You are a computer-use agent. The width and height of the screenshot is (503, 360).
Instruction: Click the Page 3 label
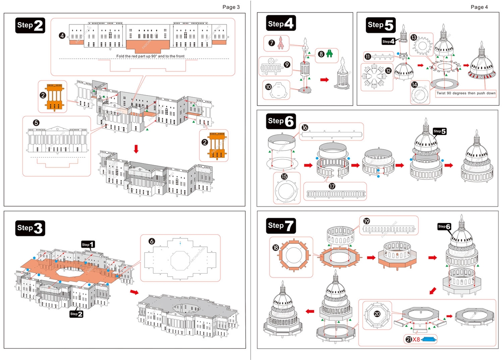click(x=231, y=7)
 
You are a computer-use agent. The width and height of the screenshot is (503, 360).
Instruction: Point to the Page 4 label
click(x=479, y=7)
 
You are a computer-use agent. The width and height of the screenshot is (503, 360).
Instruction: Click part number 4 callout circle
click(x=62, y=35)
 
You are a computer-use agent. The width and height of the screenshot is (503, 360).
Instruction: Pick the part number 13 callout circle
click(x=413, y=37)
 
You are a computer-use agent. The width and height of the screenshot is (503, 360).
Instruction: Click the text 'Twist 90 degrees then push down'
click(x=466, y=94)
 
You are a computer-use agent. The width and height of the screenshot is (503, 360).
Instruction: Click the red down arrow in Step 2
click(x=136, y=149)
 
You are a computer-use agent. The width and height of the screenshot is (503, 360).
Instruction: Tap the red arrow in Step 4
click(x=325, y=79)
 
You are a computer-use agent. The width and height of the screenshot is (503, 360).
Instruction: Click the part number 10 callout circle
click(x=268, y=86)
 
